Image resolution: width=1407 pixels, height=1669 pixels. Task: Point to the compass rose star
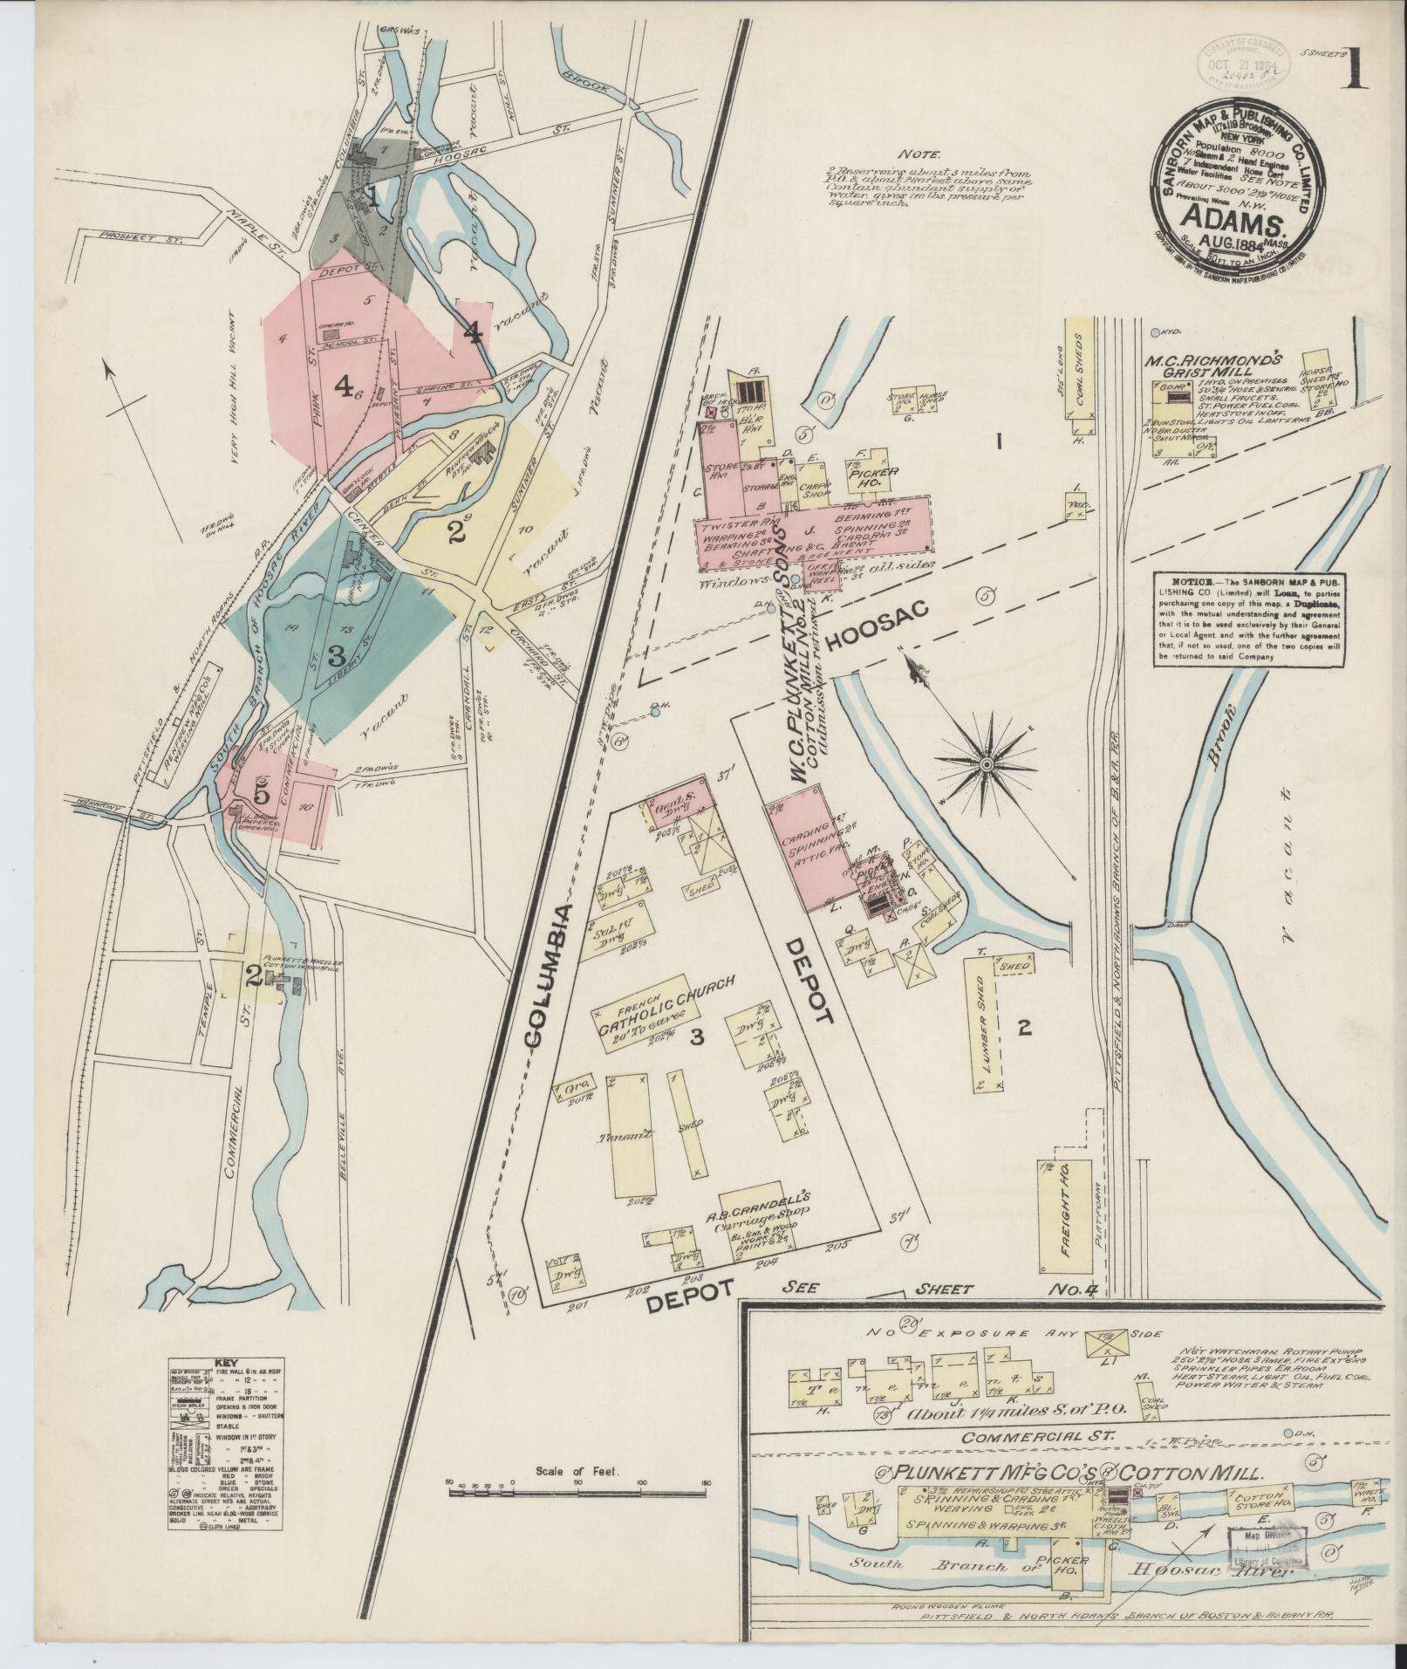pos(987,765)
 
